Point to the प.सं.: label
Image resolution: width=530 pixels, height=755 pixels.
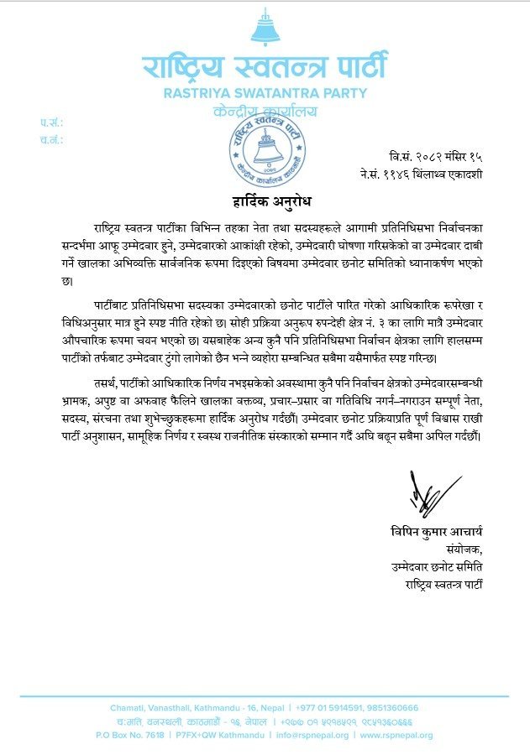tap(51, 122)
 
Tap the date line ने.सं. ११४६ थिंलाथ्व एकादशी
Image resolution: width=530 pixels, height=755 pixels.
tap(420, 174)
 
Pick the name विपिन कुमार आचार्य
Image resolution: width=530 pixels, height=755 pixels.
tap(437, 532)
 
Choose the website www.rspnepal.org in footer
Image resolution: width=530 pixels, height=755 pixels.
tap(397, 736)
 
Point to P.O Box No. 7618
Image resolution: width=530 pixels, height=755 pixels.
tap(129, 736)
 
